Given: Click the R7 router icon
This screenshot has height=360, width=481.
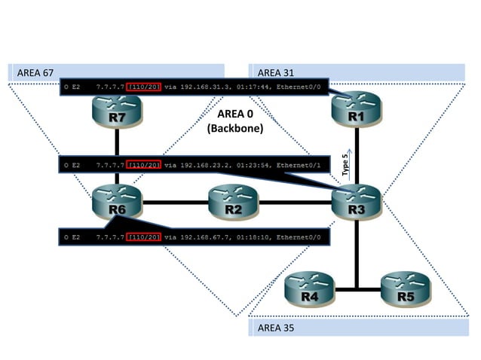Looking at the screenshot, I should (x=117, y=113).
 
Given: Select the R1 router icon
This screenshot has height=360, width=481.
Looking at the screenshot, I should (x=357, y=113).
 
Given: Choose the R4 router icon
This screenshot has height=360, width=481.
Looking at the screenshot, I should (x=309, y=289).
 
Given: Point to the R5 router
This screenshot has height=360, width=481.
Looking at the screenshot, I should (x=405, y=289).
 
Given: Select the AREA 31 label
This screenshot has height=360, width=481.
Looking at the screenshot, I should (x=276, y=73).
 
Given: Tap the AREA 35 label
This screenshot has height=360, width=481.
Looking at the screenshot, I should (x=276, y=328).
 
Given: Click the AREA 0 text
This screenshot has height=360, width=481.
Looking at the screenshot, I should (x=235, y=114).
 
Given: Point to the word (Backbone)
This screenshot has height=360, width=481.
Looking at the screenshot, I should (x=235, y=129).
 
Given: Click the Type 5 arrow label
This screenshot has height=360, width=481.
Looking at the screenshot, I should (x=345, y=164).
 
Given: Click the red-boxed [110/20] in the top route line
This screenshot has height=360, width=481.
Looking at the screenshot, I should (x=144, y=87).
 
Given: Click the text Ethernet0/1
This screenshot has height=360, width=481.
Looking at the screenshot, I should (x=304, y=163).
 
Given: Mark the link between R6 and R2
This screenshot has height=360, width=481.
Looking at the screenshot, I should (x=175, y=202).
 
